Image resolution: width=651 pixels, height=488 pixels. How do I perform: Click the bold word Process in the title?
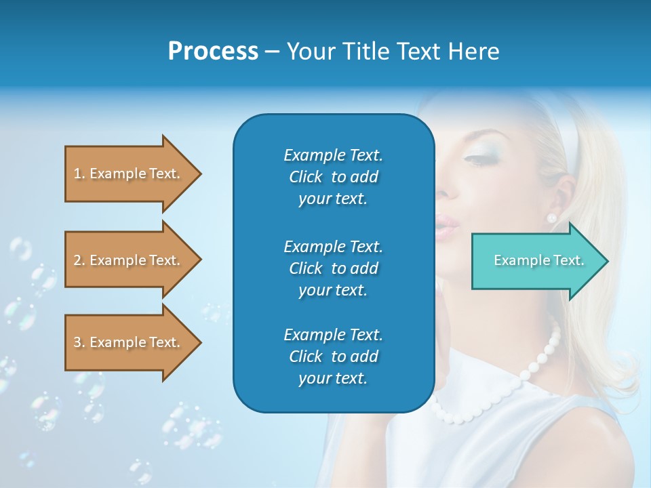click(x=213, y=52)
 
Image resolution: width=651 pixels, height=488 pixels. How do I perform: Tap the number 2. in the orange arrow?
click(x=79, y=260)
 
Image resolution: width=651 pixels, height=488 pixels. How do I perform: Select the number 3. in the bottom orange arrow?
click(x=79, y=342)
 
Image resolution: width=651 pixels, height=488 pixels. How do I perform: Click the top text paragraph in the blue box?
click(x=333, y=177)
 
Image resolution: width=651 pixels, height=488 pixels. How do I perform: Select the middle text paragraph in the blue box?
click(x=333, y=268)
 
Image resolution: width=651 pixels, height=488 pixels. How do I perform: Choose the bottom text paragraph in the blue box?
click(x=333, y=357)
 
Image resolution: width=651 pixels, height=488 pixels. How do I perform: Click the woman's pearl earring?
click(x=551, y=218)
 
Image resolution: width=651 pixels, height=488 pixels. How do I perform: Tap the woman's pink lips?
click(x=447, y=227)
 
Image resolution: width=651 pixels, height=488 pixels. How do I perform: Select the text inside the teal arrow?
click(x=539, y=260)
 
